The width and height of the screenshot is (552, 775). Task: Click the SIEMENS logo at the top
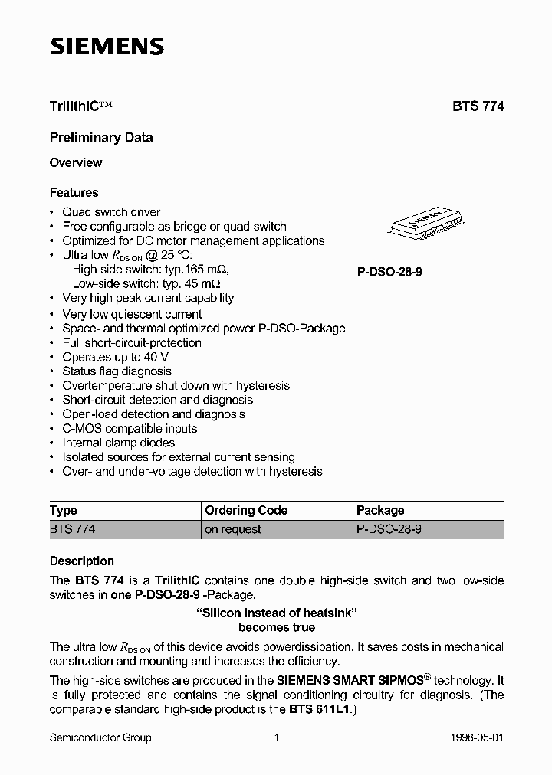(107, 47)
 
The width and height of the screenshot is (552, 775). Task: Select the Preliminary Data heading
(101, 138)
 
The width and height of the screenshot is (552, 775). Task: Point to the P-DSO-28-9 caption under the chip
(389, 272)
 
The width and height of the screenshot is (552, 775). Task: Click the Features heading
(74, 193)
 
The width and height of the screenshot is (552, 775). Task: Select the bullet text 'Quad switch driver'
(111, 212)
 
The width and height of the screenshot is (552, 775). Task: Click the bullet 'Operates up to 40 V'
(116, 357)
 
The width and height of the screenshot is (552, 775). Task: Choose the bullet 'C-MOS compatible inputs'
(130, 429)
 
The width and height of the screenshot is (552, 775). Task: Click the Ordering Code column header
(246, 511)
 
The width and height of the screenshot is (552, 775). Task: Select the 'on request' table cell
(233, 529)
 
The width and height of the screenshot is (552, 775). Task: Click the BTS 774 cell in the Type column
(72, 529)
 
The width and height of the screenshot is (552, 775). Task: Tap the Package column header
(380, 511)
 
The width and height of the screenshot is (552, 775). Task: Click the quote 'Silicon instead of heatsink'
(277, 613)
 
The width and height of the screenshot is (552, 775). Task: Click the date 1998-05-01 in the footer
(477, 737)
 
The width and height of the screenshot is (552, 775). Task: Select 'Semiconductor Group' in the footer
(100, 737)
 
